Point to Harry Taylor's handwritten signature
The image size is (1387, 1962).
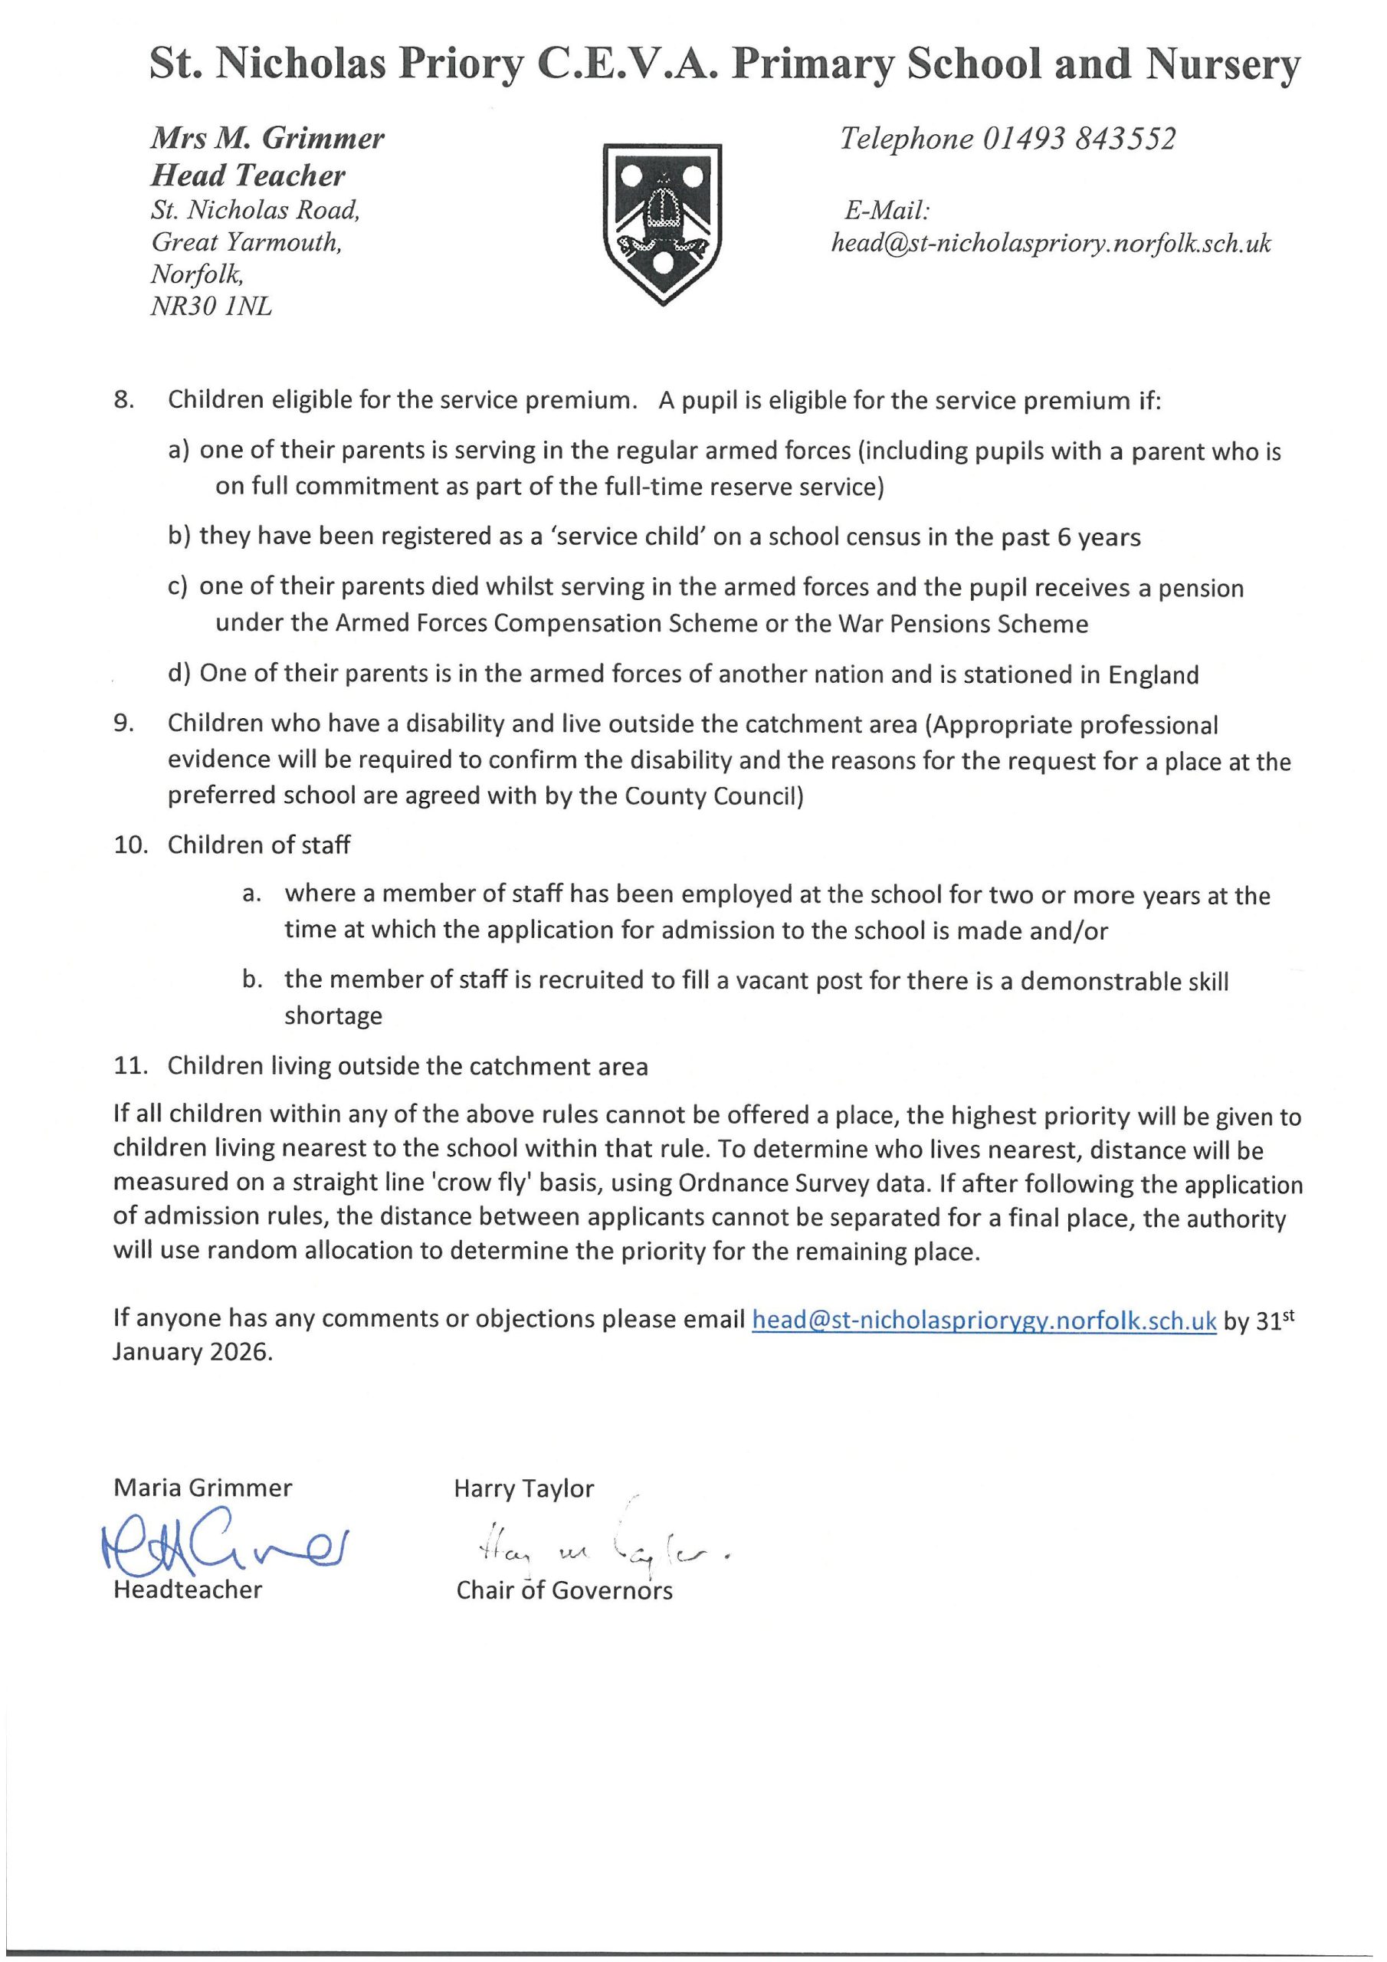point(591,1546)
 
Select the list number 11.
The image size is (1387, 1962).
point(128,1066)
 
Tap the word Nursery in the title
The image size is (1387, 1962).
point(1224,64)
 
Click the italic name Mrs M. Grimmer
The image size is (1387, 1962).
point(267,139)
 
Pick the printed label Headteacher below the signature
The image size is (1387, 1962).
point(187,1590)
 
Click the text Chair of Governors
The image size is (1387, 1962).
point(564,1590)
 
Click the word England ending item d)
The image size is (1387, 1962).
point(1154,675)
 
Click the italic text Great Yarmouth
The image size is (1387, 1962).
point(246,243)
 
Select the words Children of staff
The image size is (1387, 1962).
point(258,845)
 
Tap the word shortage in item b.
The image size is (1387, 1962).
point(333,1016)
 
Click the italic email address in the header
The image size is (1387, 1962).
point(1051,244)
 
